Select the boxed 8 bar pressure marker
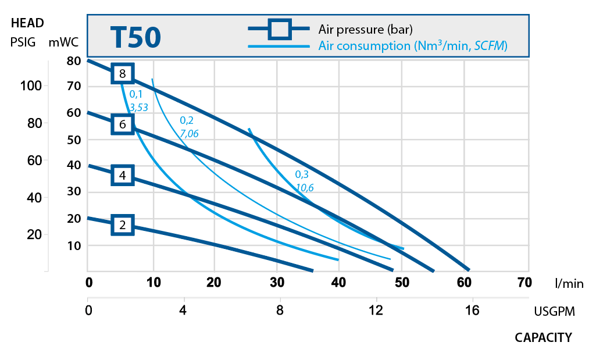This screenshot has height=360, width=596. coord(122,74)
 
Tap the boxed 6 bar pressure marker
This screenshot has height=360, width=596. coord(122,124)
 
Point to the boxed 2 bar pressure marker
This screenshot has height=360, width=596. coord(122,225)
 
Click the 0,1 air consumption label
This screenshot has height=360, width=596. coord(135,94)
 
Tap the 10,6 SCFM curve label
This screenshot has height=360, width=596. coord(305,187)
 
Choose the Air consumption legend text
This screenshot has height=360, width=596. coord(413,46)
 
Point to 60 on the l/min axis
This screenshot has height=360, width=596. coord(464,283)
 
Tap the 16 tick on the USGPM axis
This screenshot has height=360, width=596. coord(472,311)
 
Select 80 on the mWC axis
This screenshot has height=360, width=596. coord(73,60)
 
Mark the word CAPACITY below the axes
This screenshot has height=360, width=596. coord(543,338)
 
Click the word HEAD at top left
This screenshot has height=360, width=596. coord(27,24)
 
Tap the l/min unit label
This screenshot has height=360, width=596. coord(569,284)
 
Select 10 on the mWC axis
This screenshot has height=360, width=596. coord(73,245)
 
